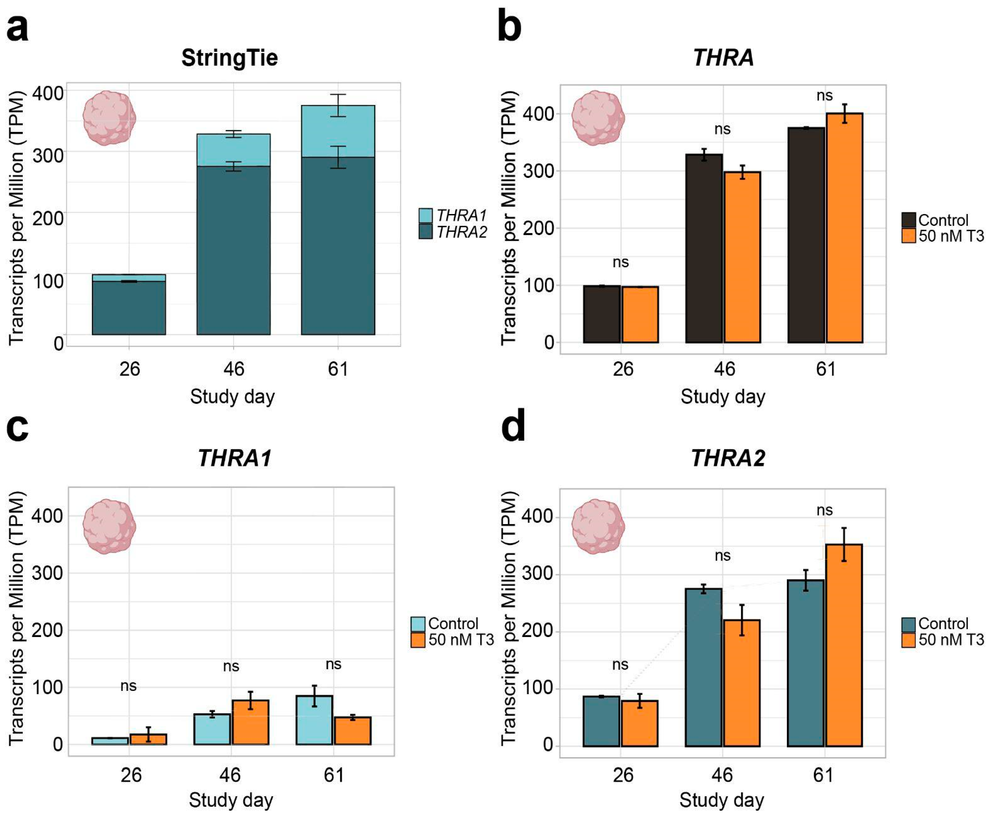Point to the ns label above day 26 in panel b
click(620, 262)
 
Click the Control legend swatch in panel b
click(909, 220)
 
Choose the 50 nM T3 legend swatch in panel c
click(417, 640)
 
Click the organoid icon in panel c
click(109, 526)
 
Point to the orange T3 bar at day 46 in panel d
click(741, 683)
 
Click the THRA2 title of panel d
click(728, 458)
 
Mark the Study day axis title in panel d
click(722, 800)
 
